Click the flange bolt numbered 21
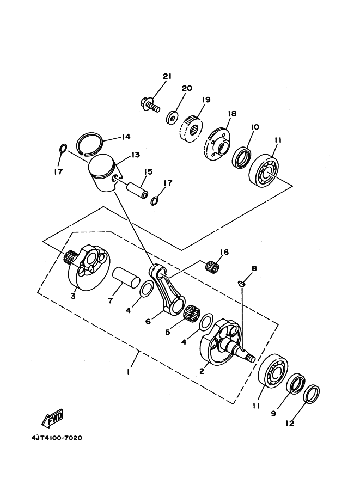pyautogui.click(x=149, y=105)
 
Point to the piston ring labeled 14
pyautogui.click(x=90, y=144)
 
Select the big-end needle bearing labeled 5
pyautogui.click(x=192, y=312)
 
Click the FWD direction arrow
pyautogui.click(x=53, y=418)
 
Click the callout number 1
pyautogui.click(x=128, y=371)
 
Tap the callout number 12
pyautogui.click(x=290, y=423)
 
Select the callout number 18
pyautogui.click(x=232, y=113)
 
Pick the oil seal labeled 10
pyautogui.click(x=242, y=157)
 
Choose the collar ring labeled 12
pyautogui.click(x=311, y=394)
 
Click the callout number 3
pyautogui.click(x=73, y=296)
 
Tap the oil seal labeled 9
pyautogui.click(x=296, y=384)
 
